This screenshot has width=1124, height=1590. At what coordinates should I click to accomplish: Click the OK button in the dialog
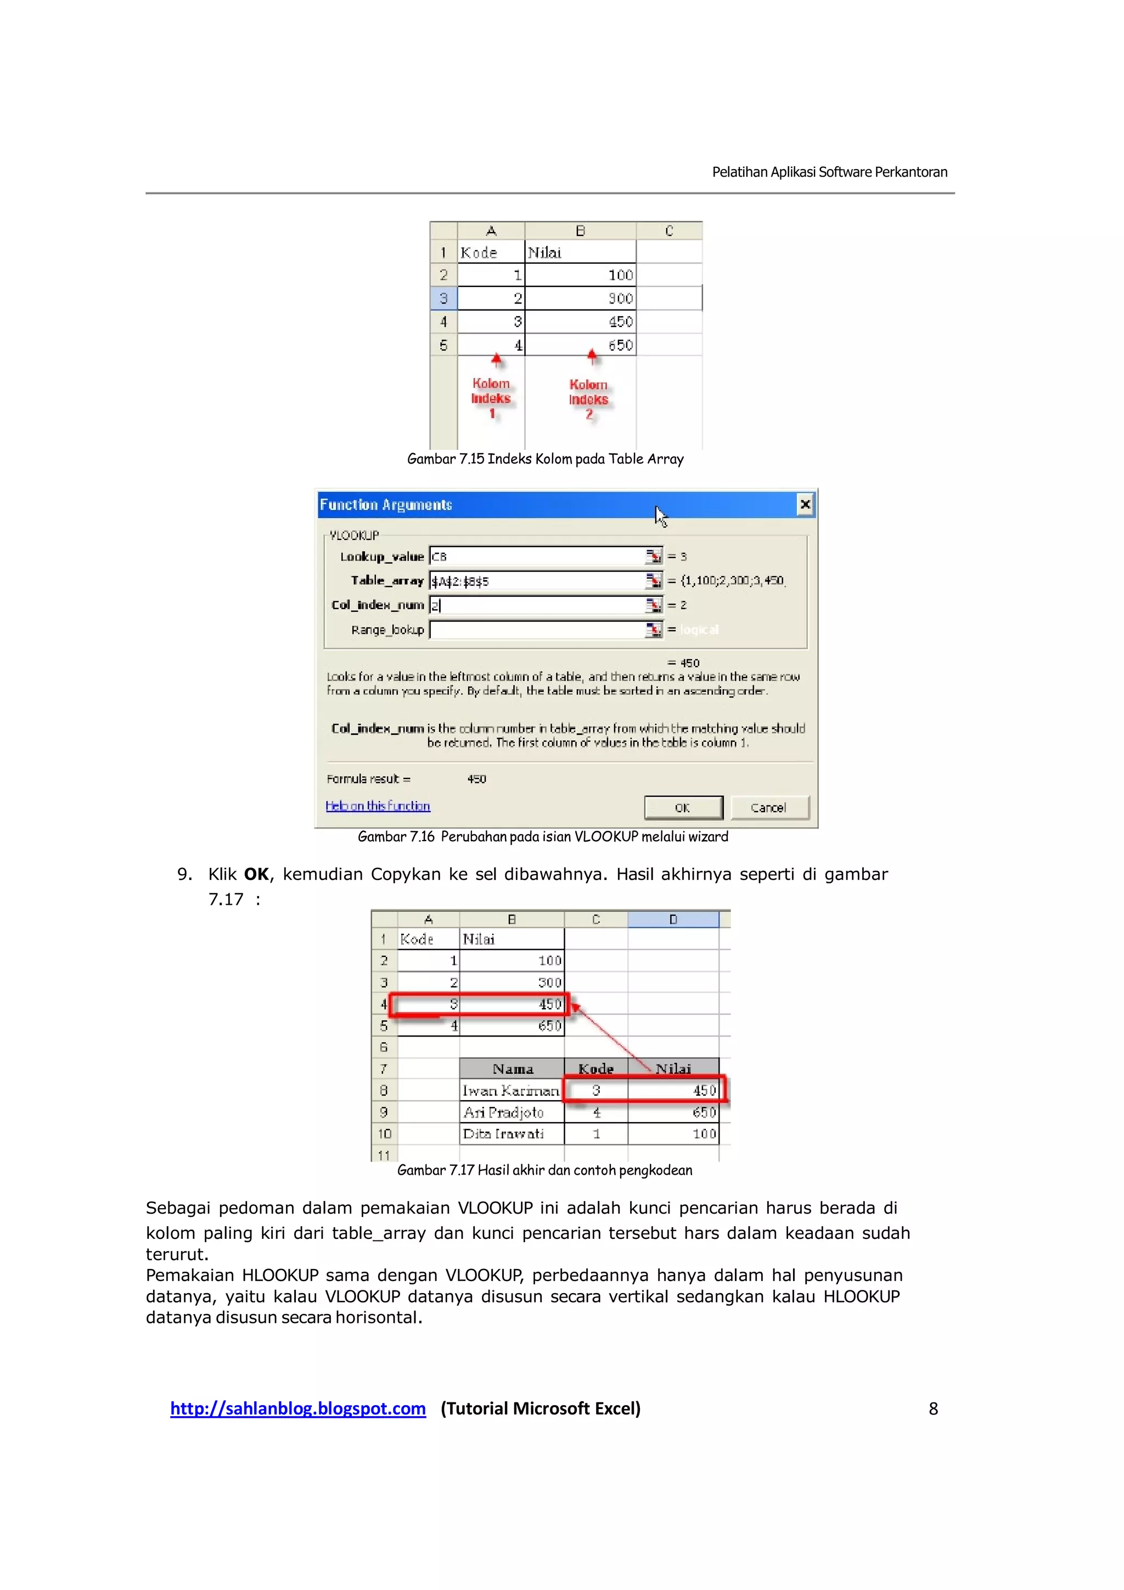(683, 808)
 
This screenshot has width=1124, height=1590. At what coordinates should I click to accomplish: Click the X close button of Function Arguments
(805, 504)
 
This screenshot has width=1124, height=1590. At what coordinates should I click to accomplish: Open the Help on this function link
(378, 805)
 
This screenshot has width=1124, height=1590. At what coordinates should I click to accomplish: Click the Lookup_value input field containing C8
(537, 556)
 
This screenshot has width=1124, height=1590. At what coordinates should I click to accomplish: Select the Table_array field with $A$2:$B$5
(537, 580)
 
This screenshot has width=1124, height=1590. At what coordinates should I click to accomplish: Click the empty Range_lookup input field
(537, 629)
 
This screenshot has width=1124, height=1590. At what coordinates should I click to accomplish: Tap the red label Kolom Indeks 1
(491, 398)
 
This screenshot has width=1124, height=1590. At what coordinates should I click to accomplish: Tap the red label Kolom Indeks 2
(589, 399)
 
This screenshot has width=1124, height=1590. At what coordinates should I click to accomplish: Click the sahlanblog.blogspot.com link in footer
(298, 1408)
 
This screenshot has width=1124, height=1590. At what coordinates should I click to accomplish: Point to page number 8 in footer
(933, 1408)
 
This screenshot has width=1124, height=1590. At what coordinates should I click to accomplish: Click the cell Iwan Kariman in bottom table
(511, 1091)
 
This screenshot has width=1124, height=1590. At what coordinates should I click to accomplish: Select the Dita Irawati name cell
(503, 1134)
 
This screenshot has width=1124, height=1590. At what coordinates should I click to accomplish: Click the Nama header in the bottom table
(513, 1069)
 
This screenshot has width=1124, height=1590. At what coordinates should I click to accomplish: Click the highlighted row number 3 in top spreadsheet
(443, 298)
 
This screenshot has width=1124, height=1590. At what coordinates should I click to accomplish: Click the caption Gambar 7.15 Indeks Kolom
(545, 459)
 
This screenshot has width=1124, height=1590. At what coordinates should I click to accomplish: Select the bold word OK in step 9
(256, 875)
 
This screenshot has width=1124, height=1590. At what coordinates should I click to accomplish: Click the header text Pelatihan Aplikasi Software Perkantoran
(830, 172)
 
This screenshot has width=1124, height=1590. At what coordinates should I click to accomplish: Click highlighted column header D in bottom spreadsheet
(672, 920)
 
